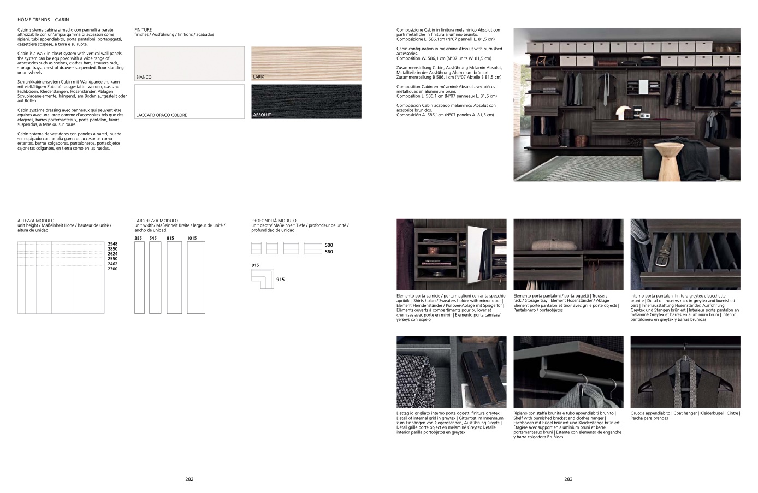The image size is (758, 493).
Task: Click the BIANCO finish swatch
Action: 189,64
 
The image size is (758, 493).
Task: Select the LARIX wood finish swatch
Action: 306,64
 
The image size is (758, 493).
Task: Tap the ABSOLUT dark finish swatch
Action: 306,102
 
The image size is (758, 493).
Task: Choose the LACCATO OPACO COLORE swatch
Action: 189,102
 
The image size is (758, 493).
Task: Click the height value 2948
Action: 112,244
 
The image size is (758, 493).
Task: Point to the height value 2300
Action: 112,269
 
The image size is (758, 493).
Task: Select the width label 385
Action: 138,238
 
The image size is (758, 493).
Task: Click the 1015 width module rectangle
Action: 196,277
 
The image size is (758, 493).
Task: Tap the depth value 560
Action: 329,252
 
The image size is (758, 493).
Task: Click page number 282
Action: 189,479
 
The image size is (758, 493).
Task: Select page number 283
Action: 568,479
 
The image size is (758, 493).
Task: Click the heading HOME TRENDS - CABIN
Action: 43,20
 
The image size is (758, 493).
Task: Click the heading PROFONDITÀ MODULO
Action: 274,221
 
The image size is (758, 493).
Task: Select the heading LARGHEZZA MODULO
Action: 156,221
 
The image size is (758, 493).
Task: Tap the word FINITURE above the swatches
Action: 143,30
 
